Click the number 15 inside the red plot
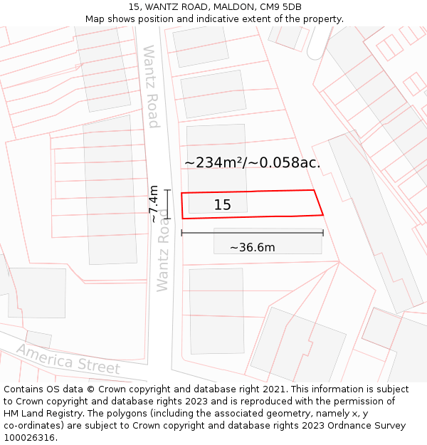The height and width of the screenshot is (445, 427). click(x=222, y=205)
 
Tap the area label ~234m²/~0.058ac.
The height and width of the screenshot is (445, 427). click(x=253, y=163)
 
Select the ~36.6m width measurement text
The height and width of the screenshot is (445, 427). click(x=252, y=248)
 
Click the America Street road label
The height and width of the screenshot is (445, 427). click(x=68, y=359)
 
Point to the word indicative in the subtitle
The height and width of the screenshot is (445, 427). click(x=207, y=19)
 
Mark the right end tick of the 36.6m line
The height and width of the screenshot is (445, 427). click(x=323, y=232)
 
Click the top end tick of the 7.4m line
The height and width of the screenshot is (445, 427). click(x=167, y=190)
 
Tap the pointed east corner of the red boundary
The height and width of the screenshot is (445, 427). click(x=323, y=214)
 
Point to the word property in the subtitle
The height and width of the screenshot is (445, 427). click(x=321, y=19)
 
